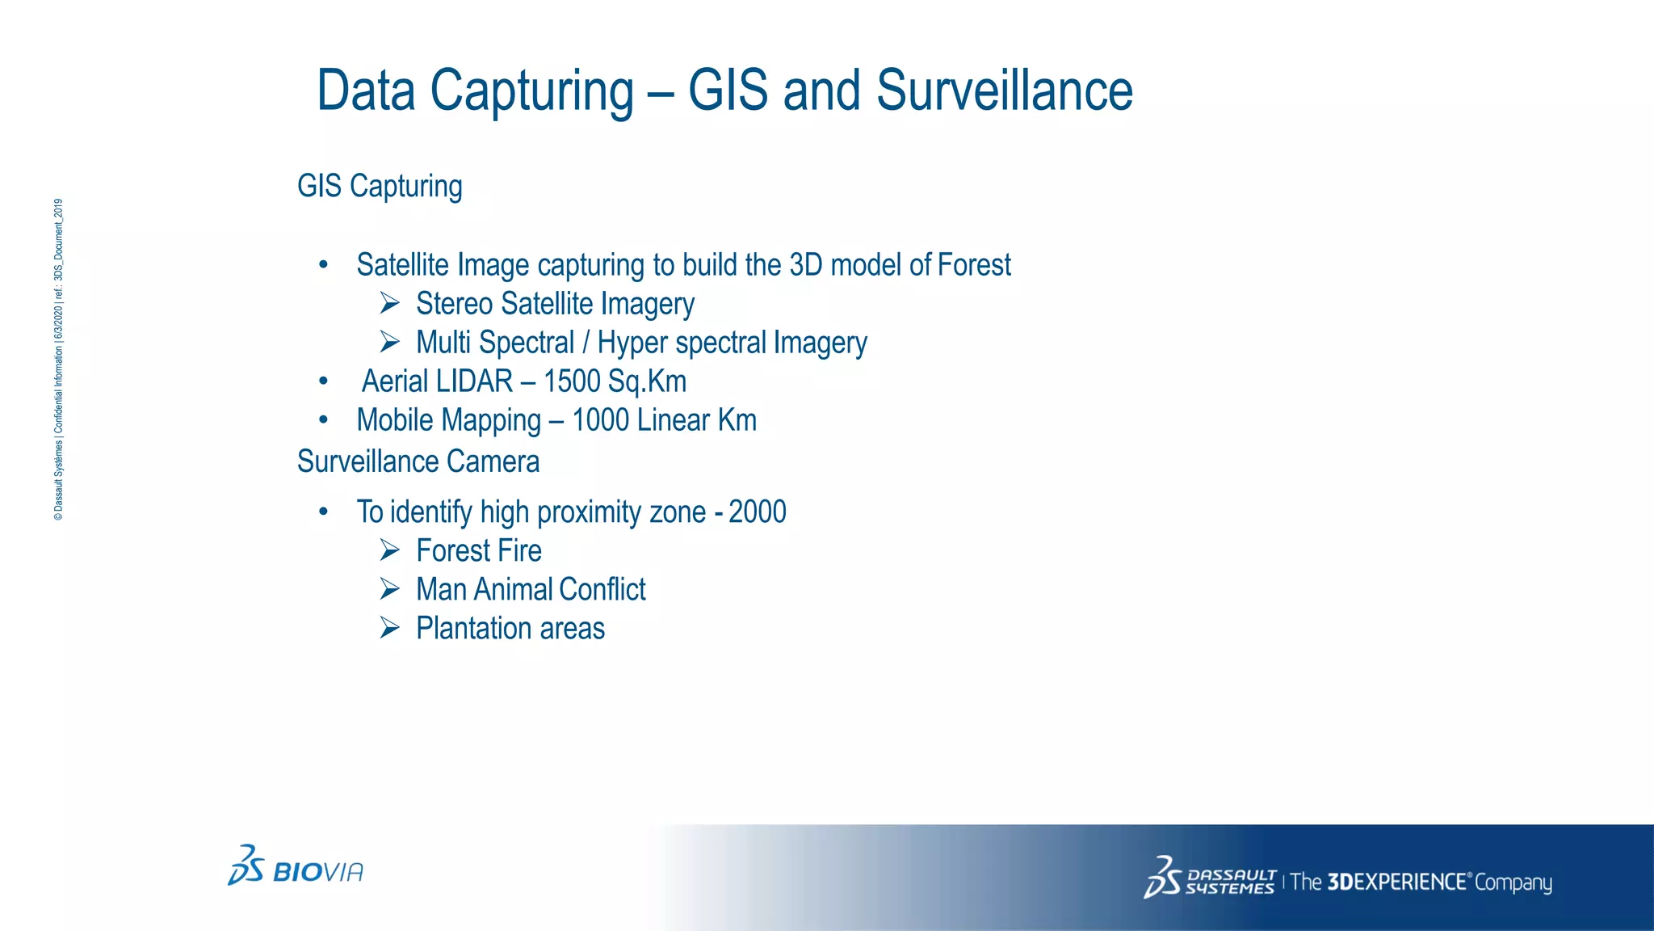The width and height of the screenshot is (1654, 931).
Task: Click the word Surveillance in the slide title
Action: click(1004, 91)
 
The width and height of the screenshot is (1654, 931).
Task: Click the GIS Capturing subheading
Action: click(380, 187)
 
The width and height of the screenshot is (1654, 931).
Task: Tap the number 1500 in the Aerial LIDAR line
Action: click(571, 381)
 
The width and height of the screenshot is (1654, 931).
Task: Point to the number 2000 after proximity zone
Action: click(757, 512)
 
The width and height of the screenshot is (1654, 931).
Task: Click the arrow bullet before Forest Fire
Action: click(390, 551)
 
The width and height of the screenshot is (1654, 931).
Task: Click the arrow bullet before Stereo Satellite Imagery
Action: click(390, 304)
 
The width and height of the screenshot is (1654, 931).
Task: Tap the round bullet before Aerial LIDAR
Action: click(323, 381)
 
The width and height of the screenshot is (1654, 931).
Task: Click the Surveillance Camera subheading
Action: click(418, 462)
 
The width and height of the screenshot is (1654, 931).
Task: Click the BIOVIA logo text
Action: click(318, 873)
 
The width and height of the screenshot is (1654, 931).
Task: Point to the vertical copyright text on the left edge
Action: click(58, 360)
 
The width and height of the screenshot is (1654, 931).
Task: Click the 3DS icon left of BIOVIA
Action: click(246, 865)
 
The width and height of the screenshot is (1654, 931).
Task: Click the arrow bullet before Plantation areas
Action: click(390, 629)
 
